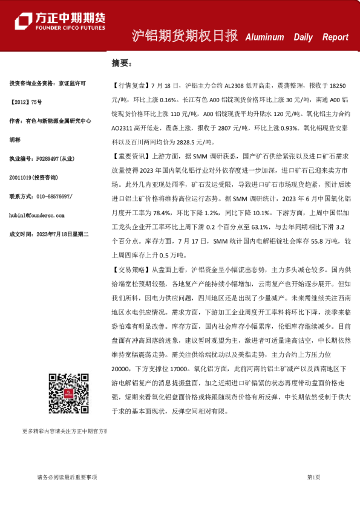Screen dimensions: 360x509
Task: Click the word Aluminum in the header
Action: tap(264, 37)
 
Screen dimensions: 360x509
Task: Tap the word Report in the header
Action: tap(335, 37)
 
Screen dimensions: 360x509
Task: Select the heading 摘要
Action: tap(121, 63)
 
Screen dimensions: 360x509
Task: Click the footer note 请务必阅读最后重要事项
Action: tap(63, 477)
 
